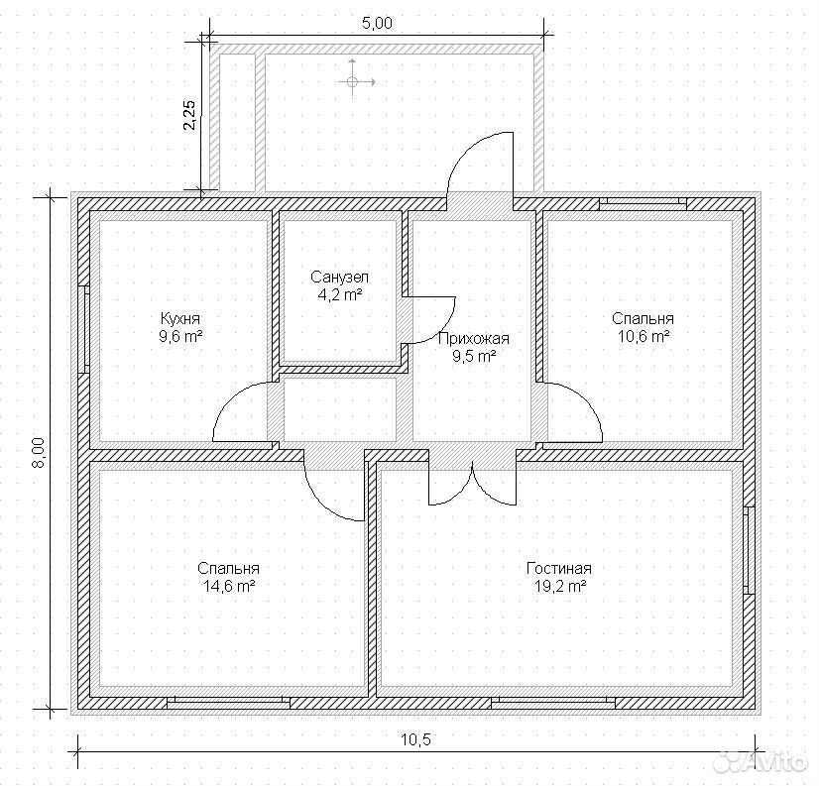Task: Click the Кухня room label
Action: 180,318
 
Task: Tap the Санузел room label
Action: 339,277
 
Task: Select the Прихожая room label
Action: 473,338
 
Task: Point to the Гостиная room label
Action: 559,568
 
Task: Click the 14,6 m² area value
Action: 228,586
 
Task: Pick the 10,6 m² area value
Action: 643,336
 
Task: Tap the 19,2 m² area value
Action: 559,586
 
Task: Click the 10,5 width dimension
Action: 416,739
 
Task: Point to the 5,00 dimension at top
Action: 377,24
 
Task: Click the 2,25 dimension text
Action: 190,114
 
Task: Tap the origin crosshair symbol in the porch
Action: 352,81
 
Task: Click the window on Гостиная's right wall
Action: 749,550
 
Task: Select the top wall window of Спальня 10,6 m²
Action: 643,203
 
